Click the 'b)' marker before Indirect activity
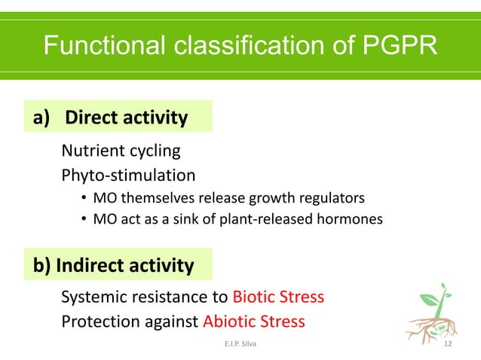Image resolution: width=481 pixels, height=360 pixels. point(42,266)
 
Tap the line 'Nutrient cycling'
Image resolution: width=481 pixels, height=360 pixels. point(121,151)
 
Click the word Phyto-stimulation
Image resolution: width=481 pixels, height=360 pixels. point(128,175)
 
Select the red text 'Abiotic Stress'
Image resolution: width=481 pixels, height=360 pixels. point(254,322)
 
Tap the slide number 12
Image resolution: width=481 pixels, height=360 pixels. point(449,345)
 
